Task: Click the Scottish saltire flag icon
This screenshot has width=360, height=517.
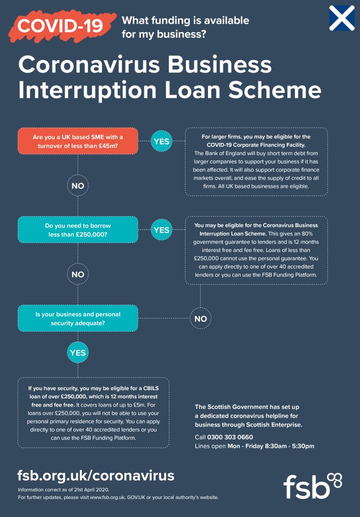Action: [x=342, y=18]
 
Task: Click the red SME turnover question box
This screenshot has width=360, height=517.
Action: [x=78, y=141]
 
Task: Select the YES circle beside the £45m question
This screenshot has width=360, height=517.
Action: [x=162, y=141]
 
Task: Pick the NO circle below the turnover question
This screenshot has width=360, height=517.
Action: [x=78, y=186]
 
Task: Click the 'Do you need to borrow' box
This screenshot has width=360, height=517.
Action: [x=78, y=230]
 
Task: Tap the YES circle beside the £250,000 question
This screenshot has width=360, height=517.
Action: [x=162, y=230]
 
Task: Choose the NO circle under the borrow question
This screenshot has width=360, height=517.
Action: [x=78, y=274]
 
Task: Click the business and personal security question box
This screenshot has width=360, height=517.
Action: [x=78, y=319]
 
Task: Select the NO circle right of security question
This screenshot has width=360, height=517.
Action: [x=200, y=319]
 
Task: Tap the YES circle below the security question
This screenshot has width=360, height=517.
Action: [x=78, y=353]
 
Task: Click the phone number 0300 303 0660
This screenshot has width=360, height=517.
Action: [x=230, y=437]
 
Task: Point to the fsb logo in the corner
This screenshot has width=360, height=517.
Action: [x=313, y=486]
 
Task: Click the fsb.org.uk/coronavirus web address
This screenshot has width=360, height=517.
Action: [x=95, y=476]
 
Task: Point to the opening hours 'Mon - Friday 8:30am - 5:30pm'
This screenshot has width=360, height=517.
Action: [x=271, y=446]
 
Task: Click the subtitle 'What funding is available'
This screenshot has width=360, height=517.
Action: [x=186, y=21]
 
